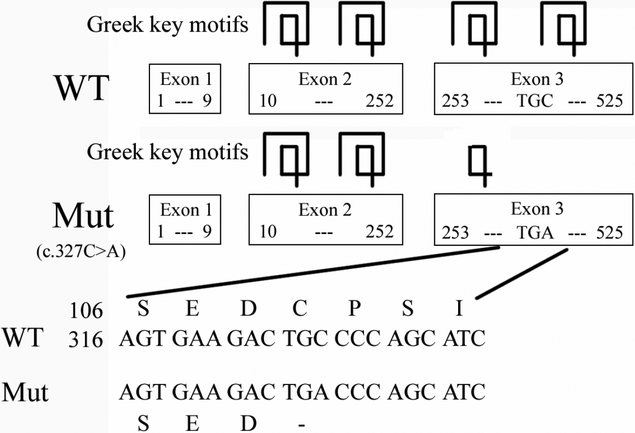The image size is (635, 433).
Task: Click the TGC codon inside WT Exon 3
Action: coord(535,101)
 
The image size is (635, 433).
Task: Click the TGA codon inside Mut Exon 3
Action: coord(535,233)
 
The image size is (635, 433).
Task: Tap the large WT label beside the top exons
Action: coord(82,89)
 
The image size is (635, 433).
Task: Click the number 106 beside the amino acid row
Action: coord(86,312)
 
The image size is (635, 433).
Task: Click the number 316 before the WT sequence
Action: coord(86,339)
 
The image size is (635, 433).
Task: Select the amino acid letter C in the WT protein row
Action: coord(300,310)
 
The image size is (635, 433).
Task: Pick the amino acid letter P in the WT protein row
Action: coord(354,310)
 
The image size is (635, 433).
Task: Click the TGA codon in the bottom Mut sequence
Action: coord(305,392)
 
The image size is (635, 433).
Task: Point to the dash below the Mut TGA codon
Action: coord(301,425)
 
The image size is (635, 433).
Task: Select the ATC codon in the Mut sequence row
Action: coord(464,392)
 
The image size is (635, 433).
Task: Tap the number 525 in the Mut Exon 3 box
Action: coord(608,233)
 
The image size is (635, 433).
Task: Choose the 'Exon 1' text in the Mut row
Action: coord(186,211)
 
